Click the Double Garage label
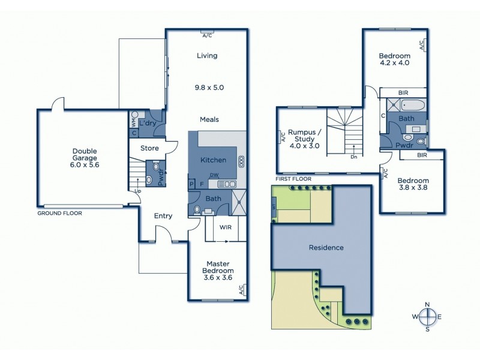point(85,155)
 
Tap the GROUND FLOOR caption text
point(59,213)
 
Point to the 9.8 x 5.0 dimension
point(209,88)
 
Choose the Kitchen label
point(213,160)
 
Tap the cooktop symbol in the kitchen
point(241,161)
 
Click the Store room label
point(149,147)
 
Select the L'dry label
point(147,122)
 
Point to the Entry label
point(163,216)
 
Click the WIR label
point(226,228)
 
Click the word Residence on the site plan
point(326,247)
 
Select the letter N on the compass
point(427,304)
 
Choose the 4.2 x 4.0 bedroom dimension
point(394,62)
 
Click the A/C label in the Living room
point(207,35)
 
